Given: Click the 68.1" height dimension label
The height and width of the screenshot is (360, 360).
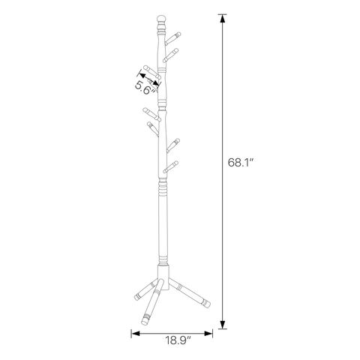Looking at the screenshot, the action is pyautogui.click(x=241, y=163).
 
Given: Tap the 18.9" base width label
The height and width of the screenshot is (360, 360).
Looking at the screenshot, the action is pyautogui.click(x=178, y=340).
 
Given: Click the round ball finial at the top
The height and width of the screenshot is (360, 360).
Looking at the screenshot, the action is pyautogui.click(x=161, y=19).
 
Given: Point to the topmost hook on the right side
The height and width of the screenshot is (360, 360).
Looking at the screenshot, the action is pyautogui.click(x=172, y=38).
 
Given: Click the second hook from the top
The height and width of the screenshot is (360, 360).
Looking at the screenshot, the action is pyautogui.click(x=171, y=55).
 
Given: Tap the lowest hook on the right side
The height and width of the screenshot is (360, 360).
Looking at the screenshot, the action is pyautogui.click(x=170, y=167).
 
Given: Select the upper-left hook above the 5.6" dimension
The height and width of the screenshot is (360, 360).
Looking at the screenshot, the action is pyautogui.click(x=152, y=72).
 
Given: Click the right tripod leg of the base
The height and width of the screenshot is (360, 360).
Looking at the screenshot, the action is pyautogui.click(x=190, y=293).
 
